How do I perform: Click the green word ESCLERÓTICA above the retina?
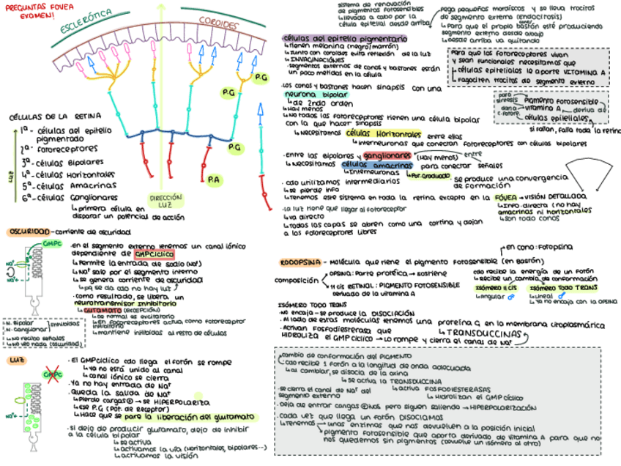tap(86, 23)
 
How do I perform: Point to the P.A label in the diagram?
tap(214, 179)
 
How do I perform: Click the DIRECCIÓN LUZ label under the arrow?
tap(166, 201)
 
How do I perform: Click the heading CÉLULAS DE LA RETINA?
tap(49, 116)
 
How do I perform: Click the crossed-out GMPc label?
tap(52, 375)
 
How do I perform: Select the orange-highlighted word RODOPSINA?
tap(302, 262)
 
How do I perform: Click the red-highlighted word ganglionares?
tap(386, 156)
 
